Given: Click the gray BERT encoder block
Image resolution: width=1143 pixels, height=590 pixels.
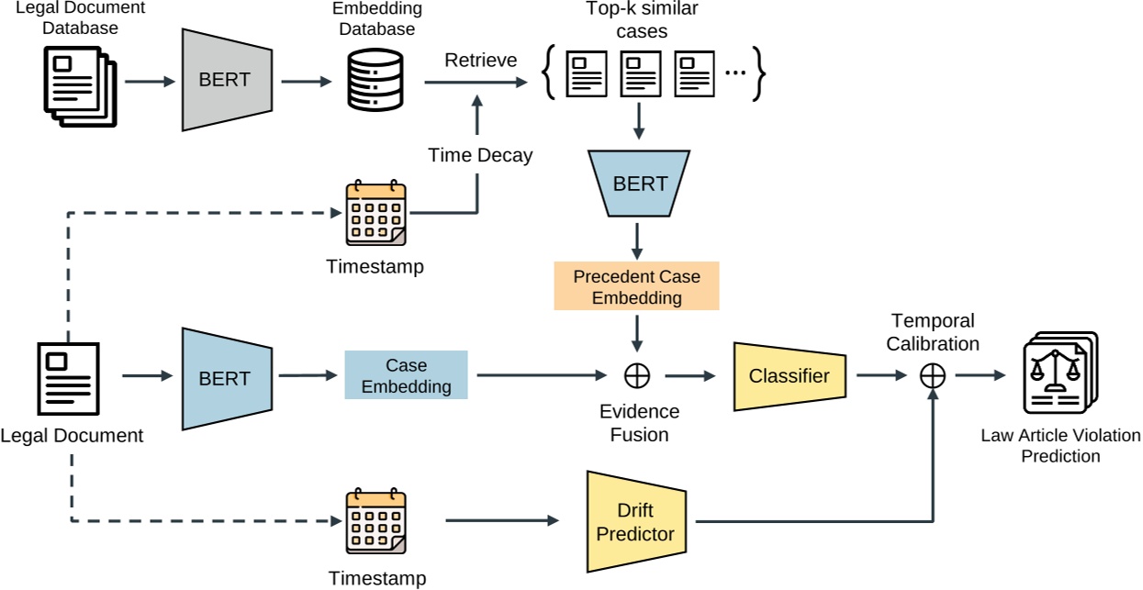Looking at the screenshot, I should click(x=225, y=80).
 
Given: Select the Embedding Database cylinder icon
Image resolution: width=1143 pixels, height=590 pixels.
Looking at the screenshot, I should click(x=374, y=80).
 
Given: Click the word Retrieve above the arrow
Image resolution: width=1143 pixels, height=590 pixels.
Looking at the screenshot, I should click(x=480, y=61).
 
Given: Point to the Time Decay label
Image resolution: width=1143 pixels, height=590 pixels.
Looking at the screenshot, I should click(x=480, y=155).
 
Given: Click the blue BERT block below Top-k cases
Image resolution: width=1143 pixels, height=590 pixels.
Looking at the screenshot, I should click(x=640, y=184).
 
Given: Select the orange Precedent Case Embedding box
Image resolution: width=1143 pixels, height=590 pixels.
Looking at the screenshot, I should click(x=636, y=286).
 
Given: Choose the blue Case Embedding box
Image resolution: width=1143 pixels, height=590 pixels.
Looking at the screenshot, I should click(x=406, y=375).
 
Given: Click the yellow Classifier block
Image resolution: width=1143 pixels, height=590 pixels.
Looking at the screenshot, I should click(x=789, y=375).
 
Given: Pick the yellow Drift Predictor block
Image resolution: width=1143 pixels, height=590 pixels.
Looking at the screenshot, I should click(x=635, y=522).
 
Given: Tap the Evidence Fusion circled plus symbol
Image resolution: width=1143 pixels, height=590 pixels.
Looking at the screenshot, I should click(x=637, y=375).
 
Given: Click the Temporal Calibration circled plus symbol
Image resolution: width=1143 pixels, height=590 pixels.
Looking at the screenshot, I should click(x=933, y=375).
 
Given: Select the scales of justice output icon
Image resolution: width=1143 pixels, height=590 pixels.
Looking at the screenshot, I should click(x=1059, y=376).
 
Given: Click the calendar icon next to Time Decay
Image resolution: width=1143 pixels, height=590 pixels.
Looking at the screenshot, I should click(x=375, y=214).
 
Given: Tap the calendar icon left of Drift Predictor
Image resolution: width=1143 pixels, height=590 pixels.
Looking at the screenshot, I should click(x=375, y=522).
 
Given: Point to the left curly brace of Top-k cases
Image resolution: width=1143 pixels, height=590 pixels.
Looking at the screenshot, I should click(x=549, y=74).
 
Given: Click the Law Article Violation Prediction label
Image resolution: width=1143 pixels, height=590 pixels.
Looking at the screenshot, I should click(x=1048, y=446).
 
